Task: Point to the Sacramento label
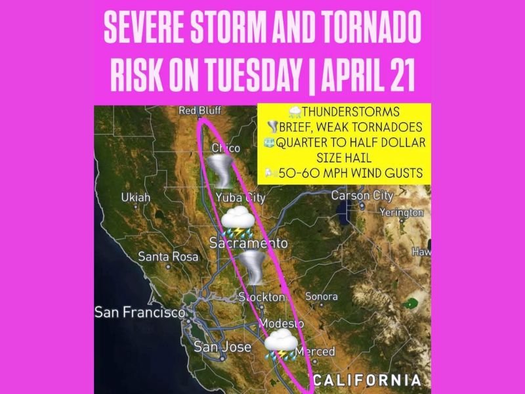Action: (248, 244)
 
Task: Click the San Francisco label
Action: (140, 313)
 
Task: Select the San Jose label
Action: (222, 347)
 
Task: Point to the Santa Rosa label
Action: (168, 257)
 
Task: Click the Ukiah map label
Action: (136, 198)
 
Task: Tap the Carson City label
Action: (362, 196)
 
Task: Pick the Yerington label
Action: (402, 213)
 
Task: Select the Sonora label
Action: (322, 297)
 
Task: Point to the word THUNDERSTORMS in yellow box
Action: (348, 111)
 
